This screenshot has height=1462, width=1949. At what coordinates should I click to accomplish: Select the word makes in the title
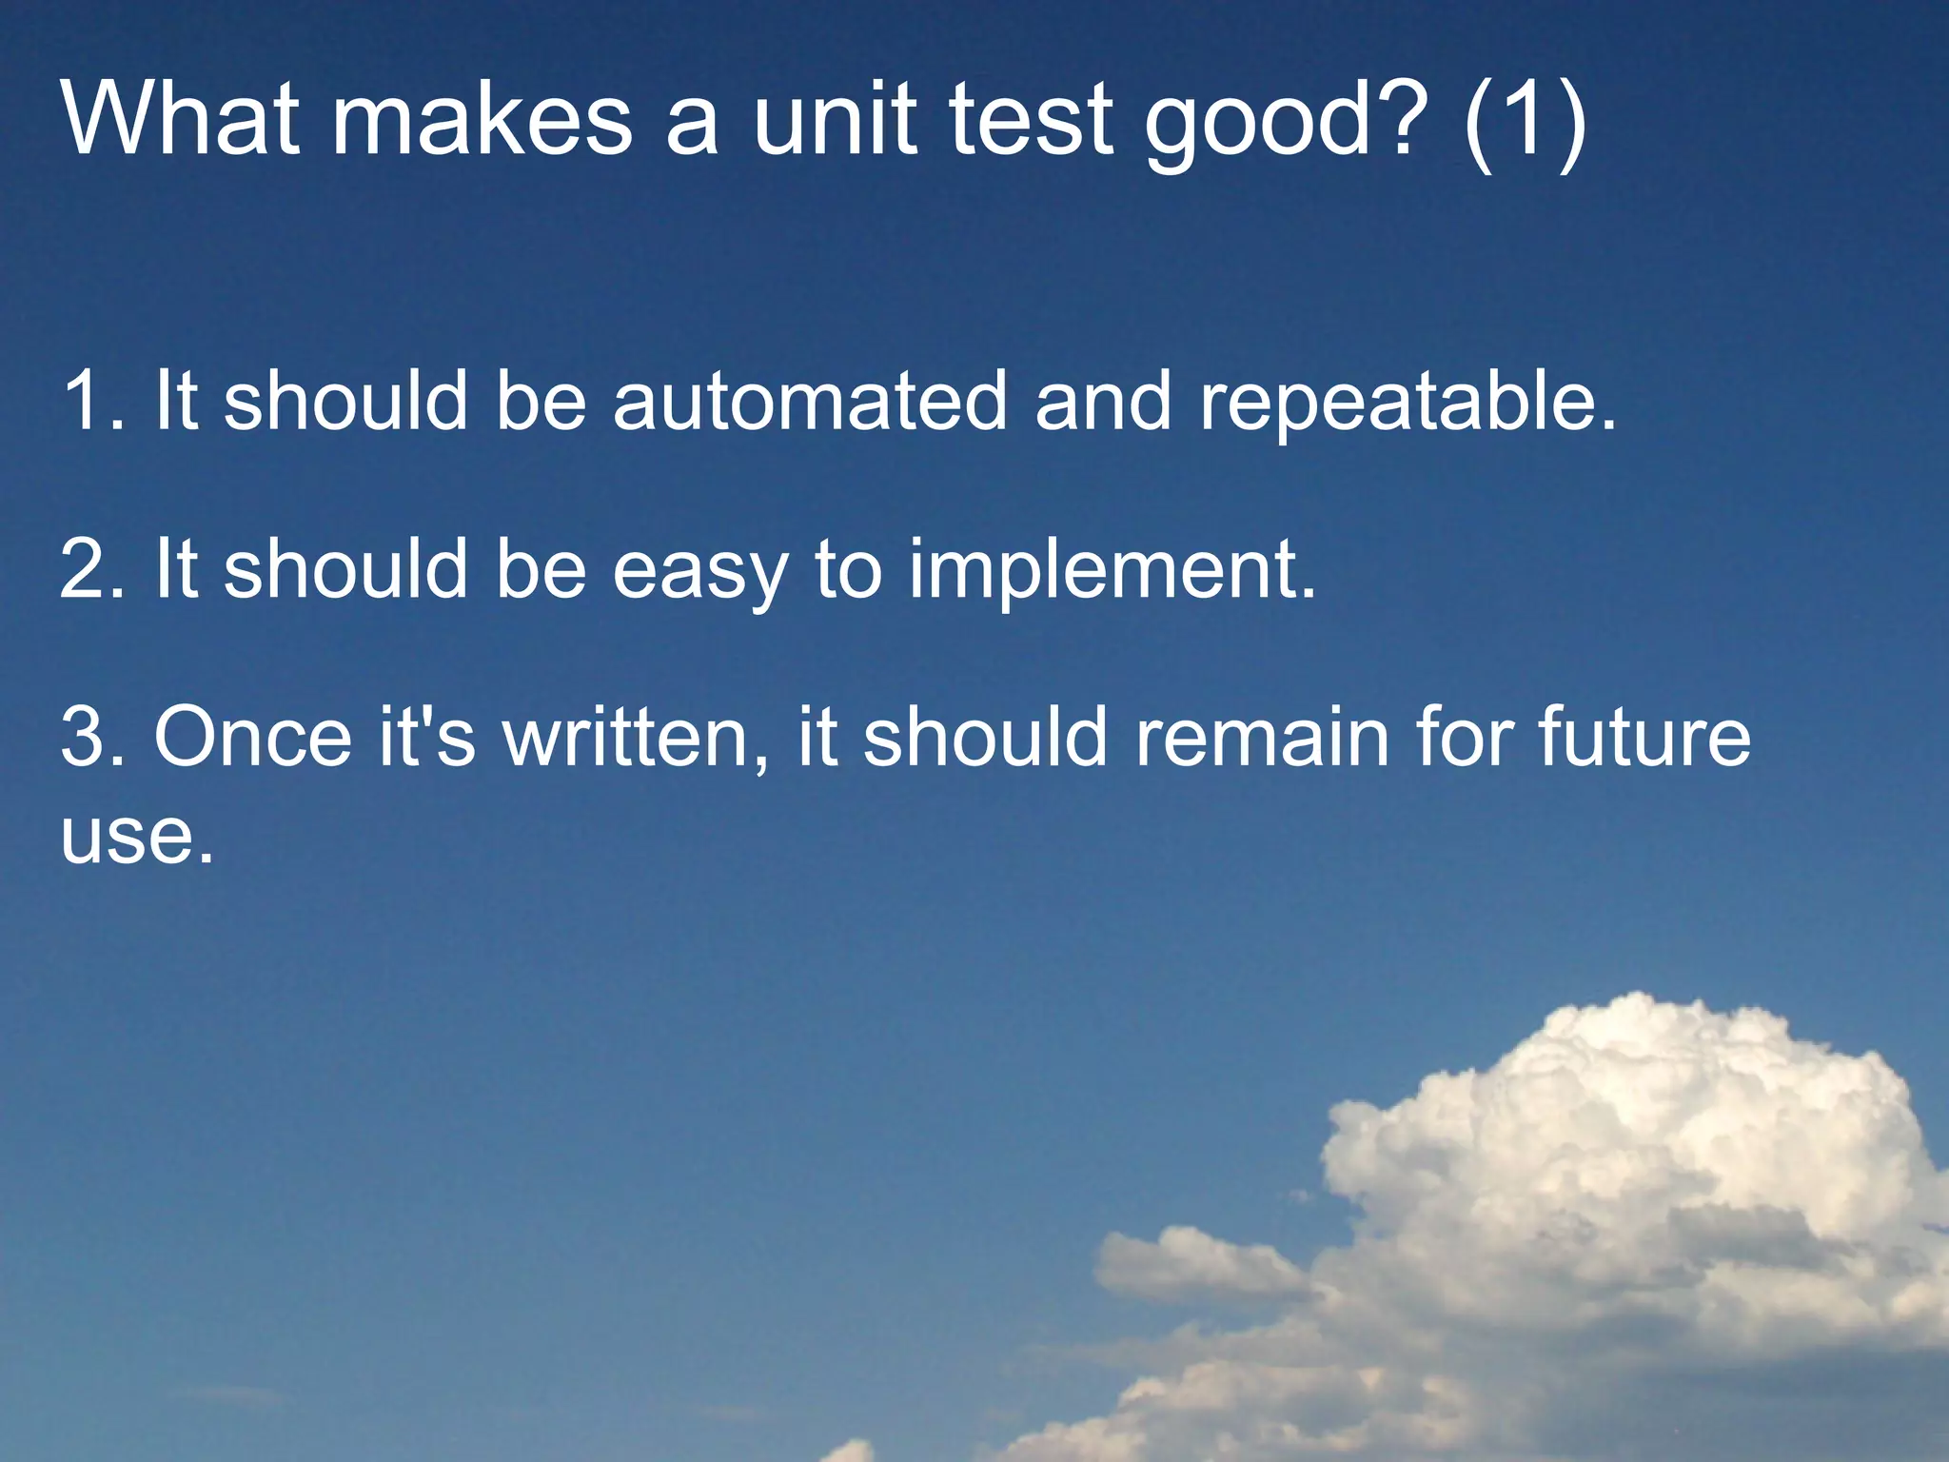tap(481, 118)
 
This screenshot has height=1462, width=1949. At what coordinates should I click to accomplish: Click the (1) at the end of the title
tap(1526, 120)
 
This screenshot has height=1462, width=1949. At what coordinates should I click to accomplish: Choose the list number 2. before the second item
tap(92, 569)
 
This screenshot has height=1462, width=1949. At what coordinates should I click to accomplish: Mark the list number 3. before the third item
tap(92, 737)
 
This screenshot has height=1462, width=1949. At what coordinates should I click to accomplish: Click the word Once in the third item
tap(253, 737)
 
